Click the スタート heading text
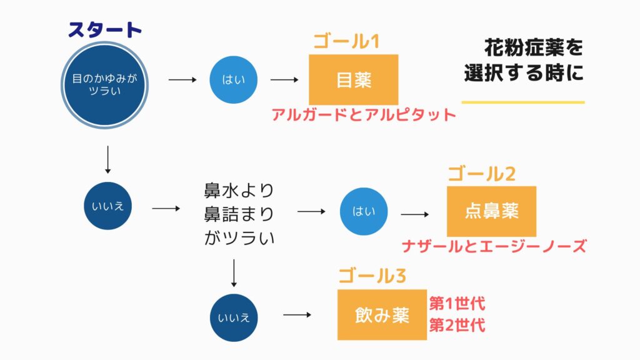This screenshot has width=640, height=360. click(105, 30)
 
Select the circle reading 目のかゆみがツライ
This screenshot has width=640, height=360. click(104, 85)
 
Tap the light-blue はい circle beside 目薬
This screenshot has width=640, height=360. click(234, 79)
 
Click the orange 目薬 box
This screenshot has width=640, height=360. click(354, 79)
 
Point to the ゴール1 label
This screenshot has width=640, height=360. click(346, 41)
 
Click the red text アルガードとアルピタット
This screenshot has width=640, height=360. click(364, 115)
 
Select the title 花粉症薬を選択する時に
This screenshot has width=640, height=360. click(524, 61)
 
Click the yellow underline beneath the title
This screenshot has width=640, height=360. click(523, 102)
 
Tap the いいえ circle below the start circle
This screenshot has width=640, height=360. click(107, 206)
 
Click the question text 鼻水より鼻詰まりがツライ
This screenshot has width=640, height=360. click(239, 214)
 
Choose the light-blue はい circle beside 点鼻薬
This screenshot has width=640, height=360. click(364, 211)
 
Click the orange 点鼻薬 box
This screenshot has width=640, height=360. click(491, 211)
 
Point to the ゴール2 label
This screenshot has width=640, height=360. click(482, 174)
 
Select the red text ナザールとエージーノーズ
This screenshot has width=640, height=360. click(494, 246)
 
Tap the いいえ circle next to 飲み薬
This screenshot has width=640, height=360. click(234, 317)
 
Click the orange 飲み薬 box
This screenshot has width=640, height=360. click(382, 315)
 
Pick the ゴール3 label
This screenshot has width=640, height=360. click(372, 276)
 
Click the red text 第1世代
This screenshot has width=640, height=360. click(457, 304)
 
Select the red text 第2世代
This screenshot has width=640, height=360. click(457, 325)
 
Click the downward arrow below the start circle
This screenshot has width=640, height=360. click(107, 159)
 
